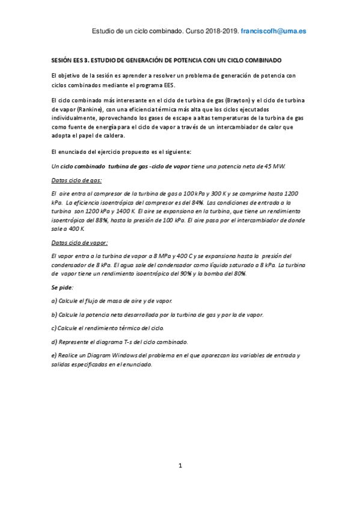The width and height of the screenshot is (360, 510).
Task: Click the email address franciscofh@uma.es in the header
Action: (275, 30)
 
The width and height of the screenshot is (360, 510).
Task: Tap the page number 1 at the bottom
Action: (180, 465)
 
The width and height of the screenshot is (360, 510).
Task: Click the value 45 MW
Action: (276, 165)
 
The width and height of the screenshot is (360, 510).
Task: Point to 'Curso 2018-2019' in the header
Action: (212, 30)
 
